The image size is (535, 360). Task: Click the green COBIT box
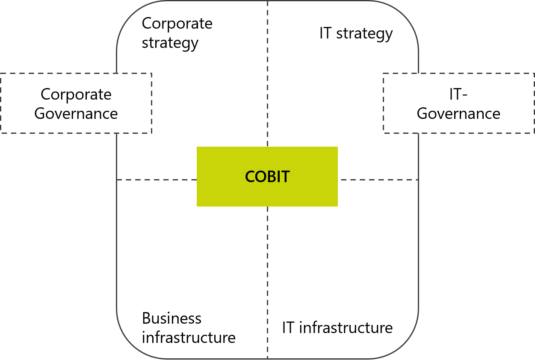pyautogui.click(x=267, y=177)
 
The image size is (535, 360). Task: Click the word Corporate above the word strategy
pyautogui.click(x=177, y=24)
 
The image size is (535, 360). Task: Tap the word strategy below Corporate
pyautogui.click(x=170, y=44)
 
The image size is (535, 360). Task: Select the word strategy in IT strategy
pyautogui.click(x=364, y=34)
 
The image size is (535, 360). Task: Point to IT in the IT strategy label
pyautogui.click(x=325, y=33)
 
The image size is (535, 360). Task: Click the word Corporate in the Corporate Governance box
pyautogui.click(x=76, y=94)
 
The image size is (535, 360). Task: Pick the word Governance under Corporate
pyautogui.click(x=76, y=113)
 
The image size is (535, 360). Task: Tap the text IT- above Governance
pyautogui.click(x=458, y=94)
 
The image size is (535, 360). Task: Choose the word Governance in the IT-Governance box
pyautogui.click(x=458, y=113)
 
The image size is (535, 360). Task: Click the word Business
pyautogui.click(x=172, y=318)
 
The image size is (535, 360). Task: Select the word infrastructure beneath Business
pyautogui.click(x=189, y=337)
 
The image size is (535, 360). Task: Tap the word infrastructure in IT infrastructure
pyautogui.click(x=346, y=328)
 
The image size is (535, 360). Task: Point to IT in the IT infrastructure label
pyautogui.click(x=288, y=328)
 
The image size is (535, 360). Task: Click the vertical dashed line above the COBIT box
pyautogui.click(x=268, y=74)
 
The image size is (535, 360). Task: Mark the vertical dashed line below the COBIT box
pyautogui.click(x=268, y=283)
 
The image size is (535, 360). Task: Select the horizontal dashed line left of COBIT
pyautogui.click(x=157, y=180)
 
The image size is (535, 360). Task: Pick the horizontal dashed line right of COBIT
pyautogui.click(x=379, y=180)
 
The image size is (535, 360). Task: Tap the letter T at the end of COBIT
pyautogui.click(x=285, y=177)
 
